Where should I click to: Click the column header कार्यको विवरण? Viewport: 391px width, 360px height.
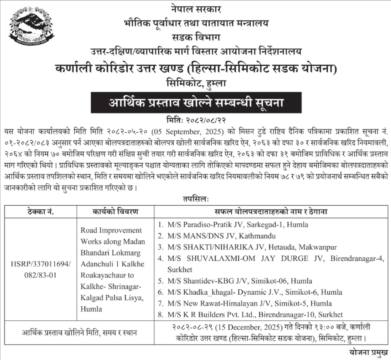(113, 211)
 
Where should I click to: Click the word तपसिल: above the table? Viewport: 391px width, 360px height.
(195, 198)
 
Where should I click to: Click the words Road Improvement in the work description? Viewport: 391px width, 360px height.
(111, 230)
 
